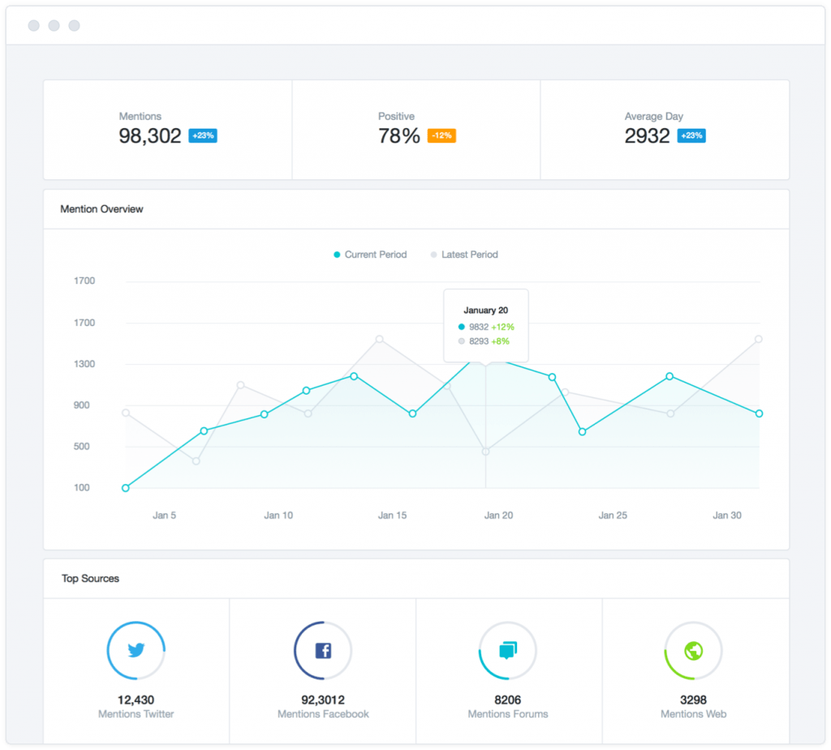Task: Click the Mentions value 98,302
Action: coord(150,136)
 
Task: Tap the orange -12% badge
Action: coord(441,136)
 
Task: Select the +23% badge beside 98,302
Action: coord(202,136)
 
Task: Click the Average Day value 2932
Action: coord(647,136)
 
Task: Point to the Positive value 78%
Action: coord(398,136)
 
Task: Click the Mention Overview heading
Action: coord(101,209)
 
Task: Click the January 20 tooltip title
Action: coord(485,310)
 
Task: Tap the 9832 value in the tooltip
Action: coord(480,327)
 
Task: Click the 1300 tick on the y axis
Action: coord(84,364)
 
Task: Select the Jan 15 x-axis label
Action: coord(392,515)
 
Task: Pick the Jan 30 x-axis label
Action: coord(727,515)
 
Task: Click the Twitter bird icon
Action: coord(136,650)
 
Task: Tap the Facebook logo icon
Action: coord(323,650)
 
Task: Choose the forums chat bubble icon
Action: coord(508,650)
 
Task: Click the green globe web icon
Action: coord(693,650)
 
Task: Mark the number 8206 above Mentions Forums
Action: coord(508,700)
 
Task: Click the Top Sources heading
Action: coord(90,579)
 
